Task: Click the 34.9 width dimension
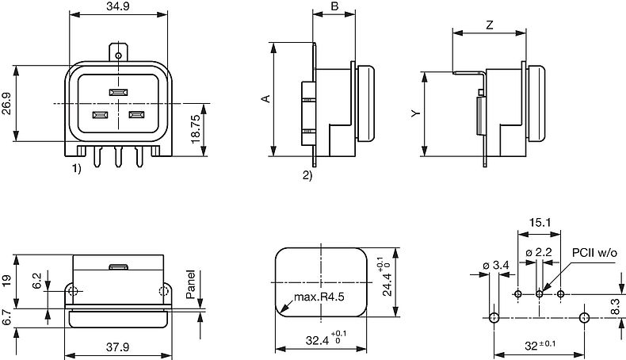(118, 7)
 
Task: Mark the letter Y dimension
(414, 114)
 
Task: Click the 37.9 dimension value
(119, 346)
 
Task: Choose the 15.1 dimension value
(539, 224)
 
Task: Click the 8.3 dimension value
(616, 305)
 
